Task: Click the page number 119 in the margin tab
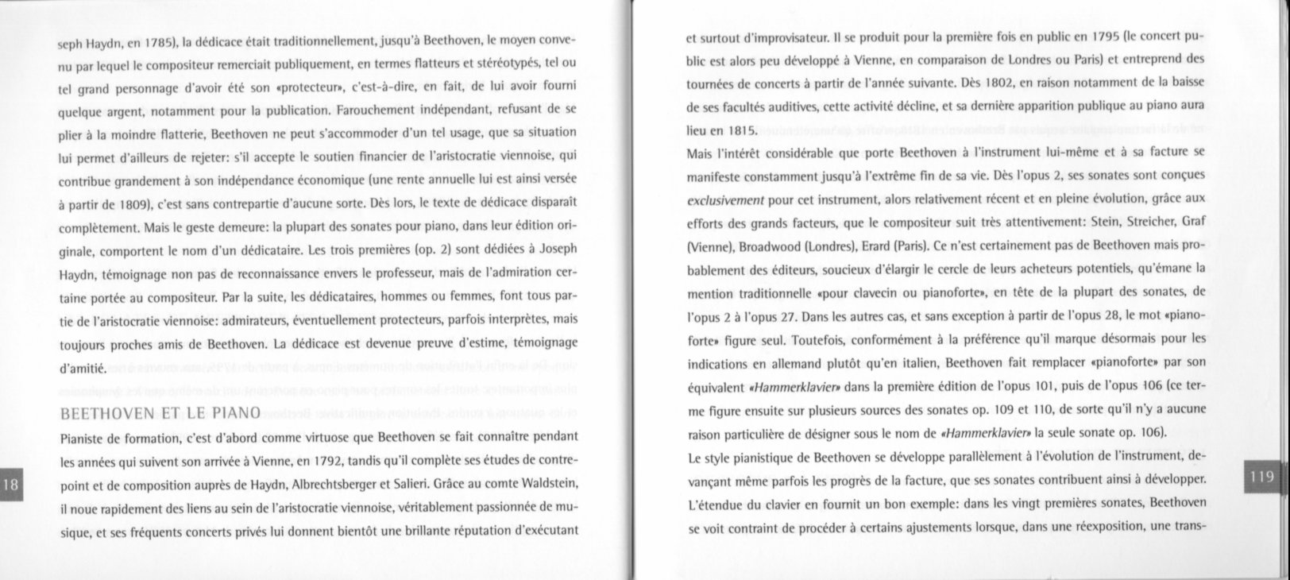[1261, 477]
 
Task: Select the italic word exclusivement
[724, 199]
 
